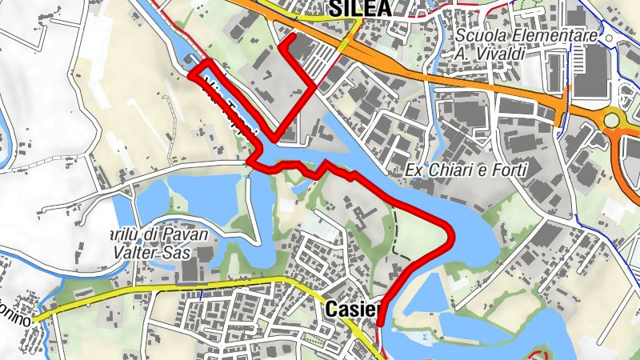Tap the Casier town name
pos(350,308)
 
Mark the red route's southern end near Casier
pos(380,323)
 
